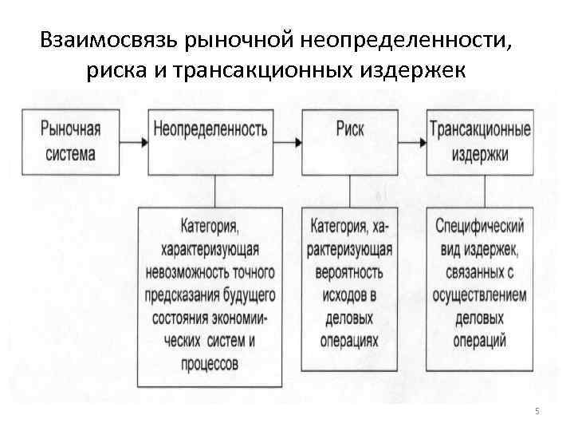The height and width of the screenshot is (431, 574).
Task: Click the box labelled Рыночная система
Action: click(70, 141)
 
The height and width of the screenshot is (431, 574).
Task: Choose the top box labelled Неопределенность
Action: click(209, 142)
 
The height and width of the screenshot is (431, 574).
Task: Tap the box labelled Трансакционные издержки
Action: click(479, 141)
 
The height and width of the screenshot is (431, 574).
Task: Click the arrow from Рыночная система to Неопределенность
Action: click(134, 142)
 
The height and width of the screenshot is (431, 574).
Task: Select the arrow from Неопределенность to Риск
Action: click(285, 142)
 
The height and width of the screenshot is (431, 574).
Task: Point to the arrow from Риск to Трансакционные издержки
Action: click(414, 142)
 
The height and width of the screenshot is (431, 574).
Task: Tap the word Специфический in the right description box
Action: click(479, 227)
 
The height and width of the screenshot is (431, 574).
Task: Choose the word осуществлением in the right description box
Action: click(479, 295)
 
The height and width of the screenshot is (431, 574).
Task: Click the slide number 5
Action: click(537, 411)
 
